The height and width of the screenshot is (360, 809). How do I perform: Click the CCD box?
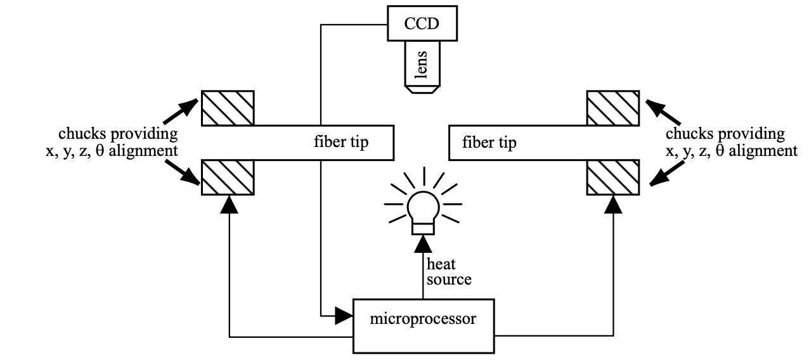coord(422,25)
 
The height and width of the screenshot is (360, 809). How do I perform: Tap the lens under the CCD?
coord(421,67)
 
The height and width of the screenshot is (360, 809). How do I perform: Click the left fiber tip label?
coord(350,142)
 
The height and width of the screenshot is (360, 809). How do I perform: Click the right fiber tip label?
coord(489,142)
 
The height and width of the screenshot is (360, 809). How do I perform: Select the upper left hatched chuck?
coord(228,108)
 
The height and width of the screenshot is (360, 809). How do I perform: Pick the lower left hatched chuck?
coord(228,177)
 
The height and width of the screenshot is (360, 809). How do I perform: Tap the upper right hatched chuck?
coord(612,108)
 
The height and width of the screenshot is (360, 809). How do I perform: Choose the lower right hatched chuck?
coord(612,177)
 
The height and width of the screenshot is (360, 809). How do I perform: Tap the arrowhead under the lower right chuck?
coord(613,204)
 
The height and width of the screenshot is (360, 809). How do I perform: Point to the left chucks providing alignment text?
coord(111,143)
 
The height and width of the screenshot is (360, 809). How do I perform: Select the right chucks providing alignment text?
coord(730,143)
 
